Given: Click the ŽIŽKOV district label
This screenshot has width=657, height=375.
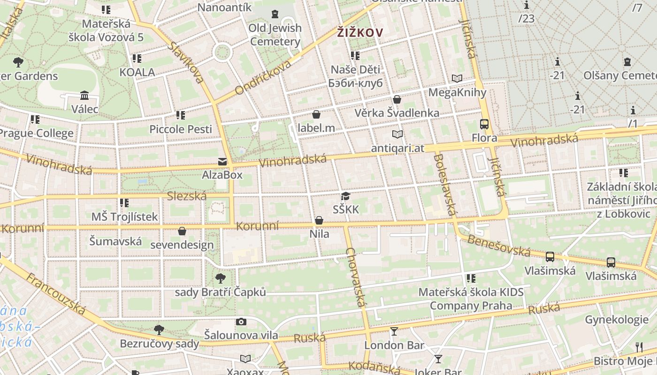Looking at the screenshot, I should [360, 33].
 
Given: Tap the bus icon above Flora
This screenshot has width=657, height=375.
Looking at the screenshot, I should [484, 124].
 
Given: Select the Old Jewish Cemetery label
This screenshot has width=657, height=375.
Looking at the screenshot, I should [275, 35].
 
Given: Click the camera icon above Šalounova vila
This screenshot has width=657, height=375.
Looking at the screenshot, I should [241, 322].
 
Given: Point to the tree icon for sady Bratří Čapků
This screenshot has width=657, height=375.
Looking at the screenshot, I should [220, 278].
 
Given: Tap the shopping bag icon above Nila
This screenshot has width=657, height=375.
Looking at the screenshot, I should [319, 220].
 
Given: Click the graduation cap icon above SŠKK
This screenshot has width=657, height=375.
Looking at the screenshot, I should [346, 196].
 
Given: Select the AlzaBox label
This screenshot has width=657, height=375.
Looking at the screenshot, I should [222, 175].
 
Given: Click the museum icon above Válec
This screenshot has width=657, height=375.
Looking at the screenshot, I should [84, 96].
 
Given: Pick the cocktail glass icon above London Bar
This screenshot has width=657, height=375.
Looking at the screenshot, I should [394, 331].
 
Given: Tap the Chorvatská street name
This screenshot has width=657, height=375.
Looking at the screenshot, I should [355, 277].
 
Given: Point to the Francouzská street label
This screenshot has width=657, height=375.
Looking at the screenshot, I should [56, 294].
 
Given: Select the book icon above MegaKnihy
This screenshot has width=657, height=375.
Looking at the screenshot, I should [457, 79].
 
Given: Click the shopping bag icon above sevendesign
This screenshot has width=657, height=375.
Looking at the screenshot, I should [182, 231].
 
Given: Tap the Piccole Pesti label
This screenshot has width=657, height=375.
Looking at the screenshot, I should [181, 129].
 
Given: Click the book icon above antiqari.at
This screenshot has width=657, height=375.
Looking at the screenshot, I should [397, 135].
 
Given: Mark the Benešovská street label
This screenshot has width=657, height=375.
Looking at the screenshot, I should [498, 246].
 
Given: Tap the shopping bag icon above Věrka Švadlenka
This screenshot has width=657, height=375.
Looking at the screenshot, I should [397, 99].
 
